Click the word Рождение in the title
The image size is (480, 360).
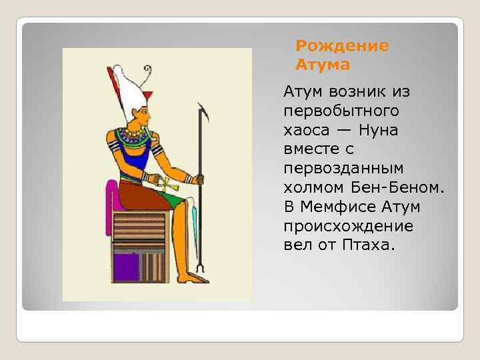342,47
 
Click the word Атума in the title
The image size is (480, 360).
323,65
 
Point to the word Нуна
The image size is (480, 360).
377,130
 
